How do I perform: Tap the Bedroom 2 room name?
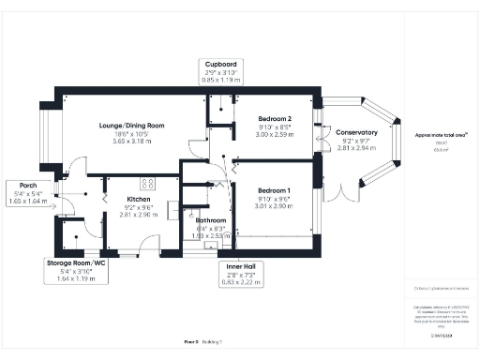tap(276, 119)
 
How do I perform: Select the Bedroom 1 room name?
tap(276, 191)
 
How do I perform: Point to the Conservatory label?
tap(357, 132)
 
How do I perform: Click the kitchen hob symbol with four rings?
tap(146, 184)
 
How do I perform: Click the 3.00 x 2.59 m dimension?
tap(276, 134)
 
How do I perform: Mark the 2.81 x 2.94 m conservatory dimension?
tap(357, 147)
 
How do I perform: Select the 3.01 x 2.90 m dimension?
tap(276, 206)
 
